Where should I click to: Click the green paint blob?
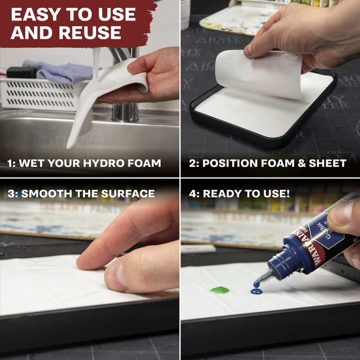219,290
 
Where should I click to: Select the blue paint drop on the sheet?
256,290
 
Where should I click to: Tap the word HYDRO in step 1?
109,163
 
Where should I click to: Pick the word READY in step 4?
222,194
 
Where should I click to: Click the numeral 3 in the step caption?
10,194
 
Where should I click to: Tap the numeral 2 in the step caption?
192,163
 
